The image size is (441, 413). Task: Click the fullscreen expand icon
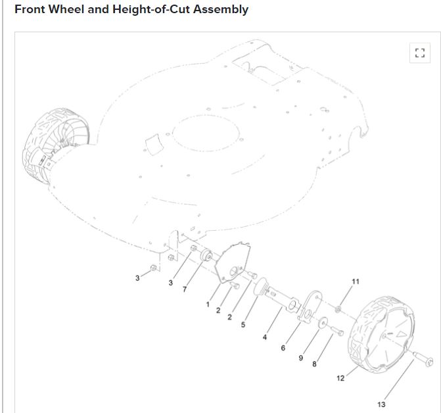click(420, 53)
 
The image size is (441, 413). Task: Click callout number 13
click(381, 404)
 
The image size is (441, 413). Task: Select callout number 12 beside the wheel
click(340, 377)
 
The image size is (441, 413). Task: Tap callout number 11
click(356, 281)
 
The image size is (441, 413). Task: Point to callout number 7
click(185, 289)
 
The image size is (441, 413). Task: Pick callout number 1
click(208, 304)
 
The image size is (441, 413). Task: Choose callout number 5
click(243, 324)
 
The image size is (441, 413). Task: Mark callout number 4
click(265, 337)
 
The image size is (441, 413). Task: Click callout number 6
click(283, 347)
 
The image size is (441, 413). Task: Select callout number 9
click(301, 358)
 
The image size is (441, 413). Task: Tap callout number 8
click(314, 364)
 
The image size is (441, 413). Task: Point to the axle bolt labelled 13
click(421, 360)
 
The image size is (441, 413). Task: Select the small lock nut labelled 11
click(338, 308)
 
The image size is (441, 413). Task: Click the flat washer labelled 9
click(323, 322)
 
